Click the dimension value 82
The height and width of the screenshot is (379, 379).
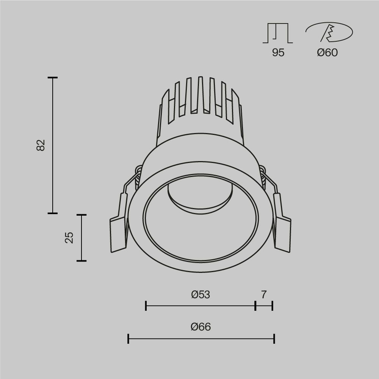pyautogui.click(x=41, y=145)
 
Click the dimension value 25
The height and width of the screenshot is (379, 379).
pyautogui.click(x=69, y=238)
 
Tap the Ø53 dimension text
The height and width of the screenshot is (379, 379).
pyautogui.click(x=200, y=294)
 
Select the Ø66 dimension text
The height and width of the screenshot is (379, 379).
pyautogui.click(x=200, y=327)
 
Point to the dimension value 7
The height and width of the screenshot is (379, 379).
pyautogui.click(x=264, y=294)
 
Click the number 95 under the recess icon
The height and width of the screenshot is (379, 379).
pyautogui.click(x=278, y=53)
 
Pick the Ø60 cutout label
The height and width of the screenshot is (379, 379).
pyautogui.click(x=327, y=53)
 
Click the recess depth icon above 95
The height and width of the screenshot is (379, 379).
pyautogui.click(x=278, y=33)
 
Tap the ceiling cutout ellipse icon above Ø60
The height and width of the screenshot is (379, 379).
pyautogui.click(x=329, y=32)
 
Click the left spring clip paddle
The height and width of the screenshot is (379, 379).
pyautogui.click(x=118, y=234)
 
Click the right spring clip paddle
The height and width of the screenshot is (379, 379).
pyautogui.click(x=282, y=234)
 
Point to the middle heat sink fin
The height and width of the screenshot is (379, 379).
pyautogui.click(x=200, y=95)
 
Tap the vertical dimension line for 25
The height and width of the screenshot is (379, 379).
pyautogui.click(x=81, y=238)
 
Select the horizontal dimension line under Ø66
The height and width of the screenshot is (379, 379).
pyautogui.click(x=201, y=339)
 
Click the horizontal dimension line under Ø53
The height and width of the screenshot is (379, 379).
pyautogui.click(x=200, y=305)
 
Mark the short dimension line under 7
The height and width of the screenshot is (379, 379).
pyautogui.click(x=264, y=305)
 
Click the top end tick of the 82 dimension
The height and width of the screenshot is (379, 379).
pyautogui.click(x=53, y=78)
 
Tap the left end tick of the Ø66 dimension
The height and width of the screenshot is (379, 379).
pyautogui.click(x=128, y=339)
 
